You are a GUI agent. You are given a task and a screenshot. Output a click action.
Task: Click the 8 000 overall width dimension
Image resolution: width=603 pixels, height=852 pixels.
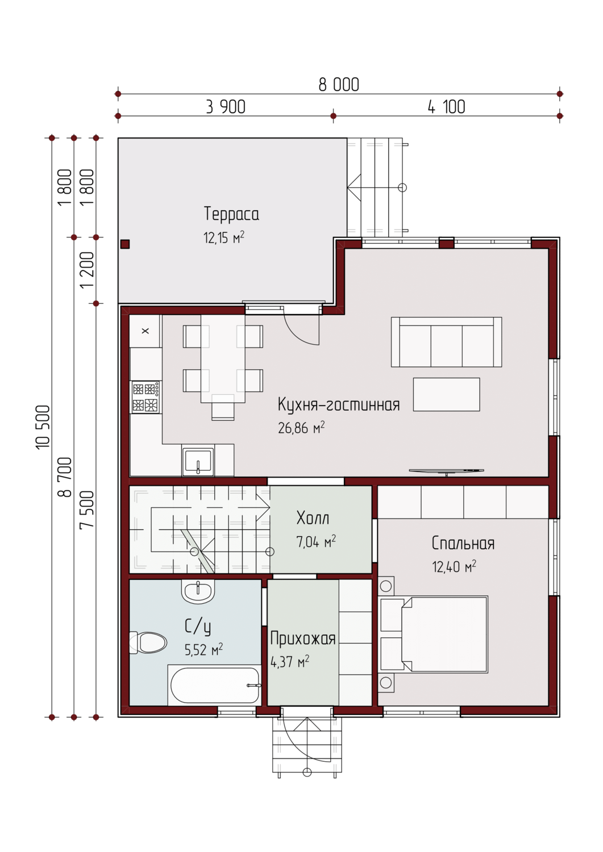click(339, 85)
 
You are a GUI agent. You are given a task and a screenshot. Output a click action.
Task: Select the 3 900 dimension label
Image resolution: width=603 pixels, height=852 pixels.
click(226, 107)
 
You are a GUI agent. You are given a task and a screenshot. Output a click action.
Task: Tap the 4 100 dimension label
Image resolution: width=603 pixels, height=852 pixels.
click(447, 107)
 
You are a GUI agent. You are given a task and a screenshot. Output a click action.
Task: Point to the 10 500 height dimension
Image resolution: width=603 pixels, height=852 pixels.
click(43, 427)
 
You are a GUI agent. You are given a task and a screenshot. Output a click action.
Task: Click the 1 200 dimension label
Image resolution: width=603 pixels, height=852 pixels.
click(87, 270)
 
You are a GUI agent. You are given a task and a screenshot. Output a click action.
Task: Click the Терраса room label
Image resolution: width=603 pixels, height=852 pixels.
click(231, 214)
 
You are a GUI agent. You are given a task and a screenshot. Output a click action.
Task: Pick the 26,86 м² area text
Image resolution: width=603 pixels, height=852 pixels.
click(301, 428)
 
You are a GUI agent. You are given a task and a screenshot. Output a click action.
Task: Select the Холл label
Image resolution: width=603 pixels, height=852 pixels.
click(313, 517)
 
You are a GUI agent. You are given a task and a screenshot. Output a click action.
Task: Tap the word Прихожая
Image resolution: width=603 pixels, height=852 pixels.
click(303, 638)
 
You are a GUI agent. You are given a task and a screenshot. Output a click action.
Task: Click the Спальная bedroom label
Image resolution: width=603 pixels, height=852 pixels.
click(463, 543)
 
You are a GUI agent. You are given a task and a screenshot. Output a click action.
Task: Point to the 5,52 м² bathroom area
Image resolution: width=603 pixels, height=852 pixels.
click(203, 650)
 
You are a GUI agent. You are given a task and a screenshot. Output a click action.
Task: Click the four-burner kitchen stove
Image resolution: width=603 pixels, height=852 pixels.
click(146, 397)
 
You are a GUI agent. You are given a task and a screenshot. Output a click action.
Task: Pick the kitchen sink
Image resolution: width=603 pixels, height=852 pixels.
click(198, 462)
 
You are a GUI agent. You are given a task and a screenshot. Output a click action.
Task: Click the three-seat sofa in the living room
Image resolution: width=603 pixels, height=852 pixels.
click(446, 342)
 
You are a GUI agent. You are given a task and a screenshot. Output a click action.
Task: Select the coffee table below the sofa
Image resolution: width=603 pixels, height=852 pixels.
click(446, 394)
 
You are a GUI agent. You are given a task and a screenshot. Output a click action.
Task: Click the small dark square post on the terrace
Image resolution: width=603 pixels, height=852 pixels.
click(125, 244)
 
